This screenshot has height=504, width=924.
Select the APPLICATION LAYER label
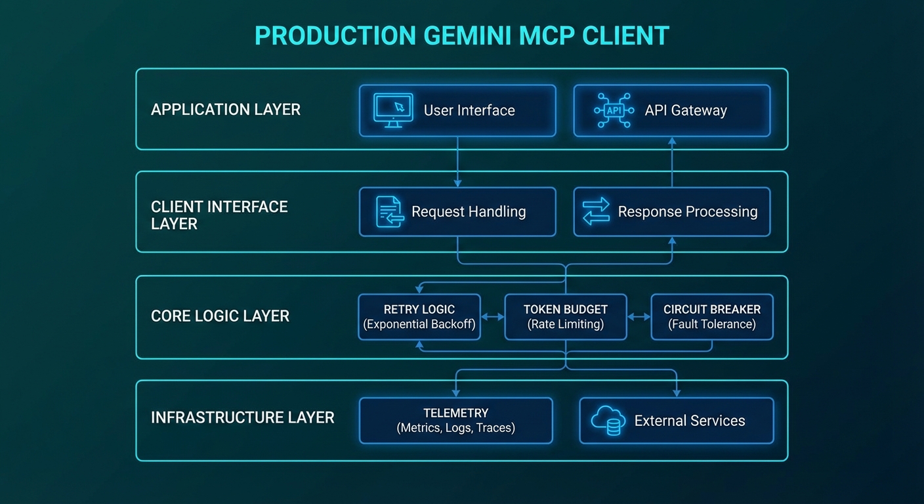[225, 110]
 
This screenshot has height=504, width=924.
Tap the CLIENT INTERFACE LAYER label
[219, 215]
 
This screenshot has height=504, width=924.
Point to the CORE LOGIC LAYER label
[220, 316]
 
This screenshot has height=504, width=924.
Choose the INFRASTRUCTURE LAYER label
[242, 417]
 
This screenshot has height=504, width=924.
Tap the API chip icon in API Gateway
[613, 110]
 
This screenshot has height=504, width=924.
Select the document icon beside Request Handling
[389, 212]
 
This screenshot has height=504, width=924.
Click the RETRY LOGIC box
[419, 316]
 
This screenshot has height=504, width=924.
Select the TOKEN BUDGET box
[565, 316]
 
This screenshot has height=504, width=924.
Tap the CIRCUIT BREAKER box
[711, 316]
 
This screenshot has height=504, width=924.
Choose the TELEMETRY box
[455, 420]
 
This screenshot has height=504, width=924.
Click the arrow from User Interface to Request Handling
[457, 161]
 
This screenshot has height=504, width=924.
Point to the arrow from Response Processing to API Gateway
[671, 161]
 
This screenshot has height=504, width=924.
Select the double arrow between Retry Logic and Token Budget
[492, 317]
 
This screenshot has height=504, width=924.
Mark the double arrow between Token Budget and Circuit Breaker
[639, 317]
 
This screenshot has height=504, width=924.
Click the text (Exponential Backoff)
[419, 324]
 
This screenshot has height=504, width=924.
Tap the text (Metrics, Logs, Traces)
[455, 428]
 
